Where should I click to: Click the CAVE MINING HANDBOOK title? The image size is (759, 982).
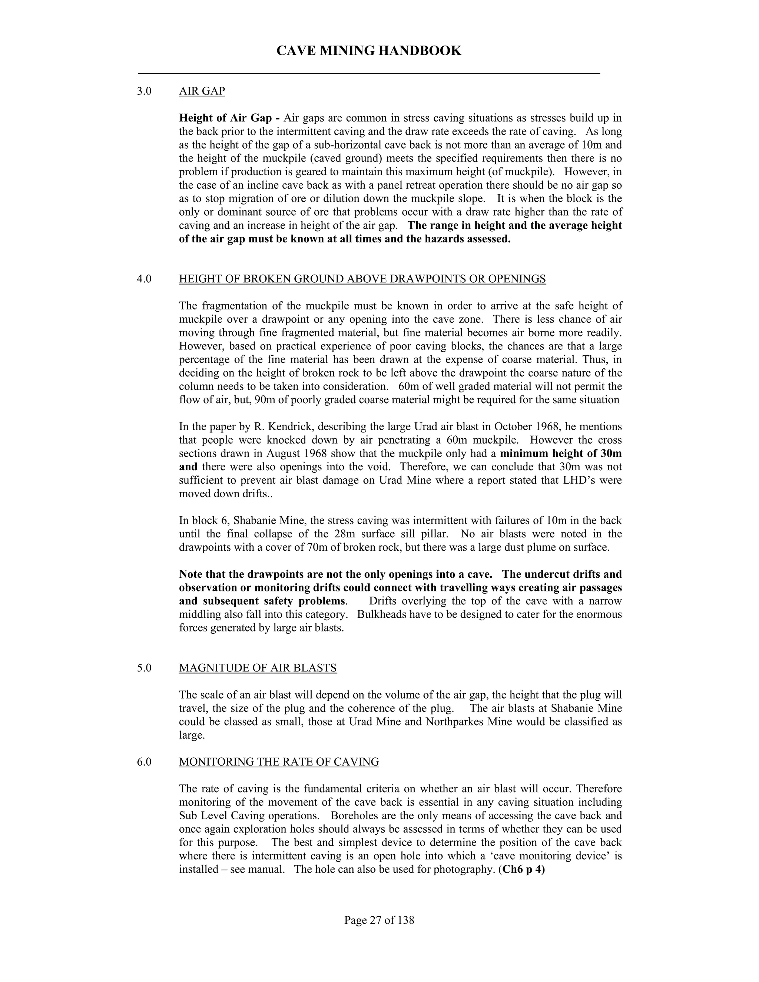[x=369, y=50]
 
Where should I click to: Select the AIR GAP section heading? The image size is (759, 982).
[x=202, y=91]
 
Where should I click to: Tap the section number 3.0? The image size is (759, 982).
[x=144, y=91]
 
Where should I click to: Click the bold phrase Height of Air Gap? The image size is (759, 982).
[x=225, y=118]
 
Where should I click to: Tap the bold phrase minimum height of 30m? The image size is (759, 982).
[x=561, y=453]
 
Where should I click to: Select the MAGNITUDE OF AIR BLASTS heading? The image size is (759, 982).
[x=258, y=668]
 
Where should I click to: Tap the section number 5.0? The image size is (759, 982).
[x=144, y=668]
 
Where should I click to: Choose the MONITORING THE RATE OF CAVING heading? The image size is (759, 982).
[x=279, y=762]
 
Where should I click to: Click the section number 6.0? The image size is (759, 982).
[x=144, y=762]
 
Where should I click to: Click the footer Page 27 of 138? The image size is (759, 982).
[x=379, y=920]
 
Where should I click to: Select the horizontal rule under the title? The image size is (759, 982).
[x=369, y=73]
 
